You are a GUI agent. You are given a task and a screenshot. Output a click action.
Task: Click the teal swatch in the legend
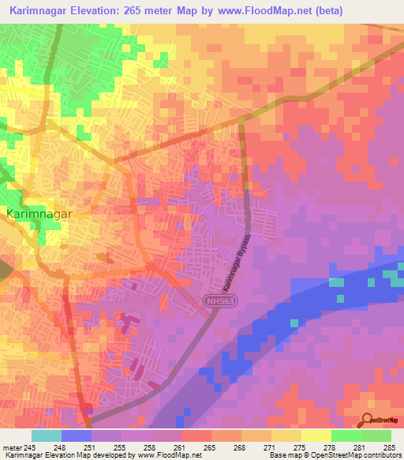[x=47, y=435]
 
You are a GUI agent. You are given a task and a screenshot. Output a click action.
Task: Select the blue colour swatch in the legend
[x=77, y=435]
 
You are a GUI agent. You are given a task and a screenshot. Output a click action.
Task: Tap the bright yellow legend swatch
[x=316, y=435]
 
